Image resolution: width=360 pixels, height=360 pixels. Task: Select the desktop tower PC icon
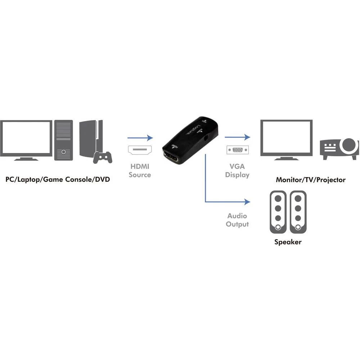pos(64,140)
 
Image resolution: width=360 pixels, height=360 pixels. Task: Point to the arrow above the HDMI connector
pos(140,138)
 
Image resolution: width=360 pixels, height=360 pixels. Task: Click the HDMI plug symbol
pos(140,149)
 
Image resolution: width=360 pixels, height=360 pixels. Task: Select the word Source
pos(140,175)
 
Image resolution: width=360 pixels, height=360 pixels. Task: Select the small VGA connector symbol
pos(237,149)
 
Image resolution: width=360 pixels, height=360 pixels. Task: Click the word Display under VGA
pos(237,175)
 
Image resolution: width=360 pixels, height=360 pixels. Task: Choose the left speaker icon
pos(278,212)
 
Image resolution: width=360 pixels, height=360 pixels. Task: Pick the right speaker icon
pos(298,212)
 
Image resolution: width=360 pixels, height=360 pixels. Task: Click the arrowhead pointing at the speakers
pos(247,202)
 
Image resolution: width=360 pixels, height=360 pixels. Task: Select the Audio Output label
pos(237,220)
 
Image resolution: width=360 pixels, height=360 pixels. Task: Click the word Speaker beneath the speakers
pos(288,242)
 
